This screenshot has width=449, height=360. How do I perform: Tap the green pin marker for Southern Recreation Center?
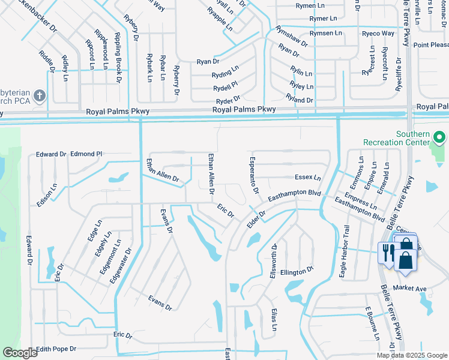[439, 138]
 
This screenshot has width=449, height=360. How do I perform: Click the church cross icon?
[39, 96]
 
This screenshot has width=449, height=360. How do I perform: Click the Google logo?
[20, 353]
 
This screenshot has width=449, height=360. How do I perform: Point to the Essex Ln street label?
[307, 178]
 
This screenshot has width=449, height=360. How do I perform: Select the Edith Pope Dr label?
[57, 349]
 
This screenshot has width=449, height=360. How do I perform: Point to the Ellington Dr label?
[297, 271]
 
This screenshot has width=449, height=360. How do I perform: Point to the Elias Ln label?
[273, 319]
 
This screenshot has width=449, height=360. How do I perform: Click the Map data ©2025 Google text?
[411, 355]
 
